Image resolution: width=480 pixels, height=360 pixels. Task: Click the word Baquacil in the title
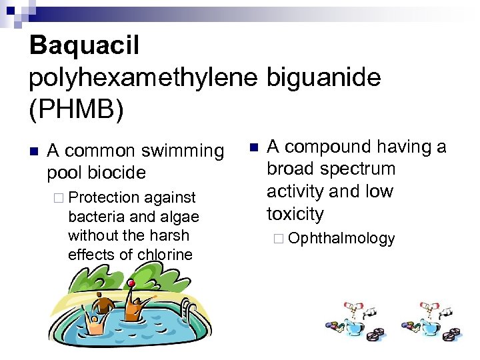point(84,46)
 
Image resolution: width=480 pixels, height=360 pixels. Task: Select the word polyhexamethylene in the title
point(142,78)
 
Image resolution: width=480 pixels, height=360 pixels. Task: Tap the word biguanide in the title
point(323,78)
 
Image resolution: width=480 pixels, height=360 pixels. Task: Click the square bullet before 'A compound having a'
point(253,146)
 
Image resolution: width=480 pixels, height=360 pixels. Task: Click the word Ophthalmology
point(342,239)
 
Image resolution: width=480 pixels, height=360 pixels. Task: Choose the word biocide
point(116,173)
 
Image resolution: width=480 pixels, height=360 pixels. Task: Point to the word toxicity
point(295,214)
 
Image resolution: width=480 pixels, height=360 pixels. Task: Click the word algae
point(179,217)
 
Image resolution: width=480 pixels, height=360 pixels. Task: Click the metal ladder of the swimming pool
point(189,312)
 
